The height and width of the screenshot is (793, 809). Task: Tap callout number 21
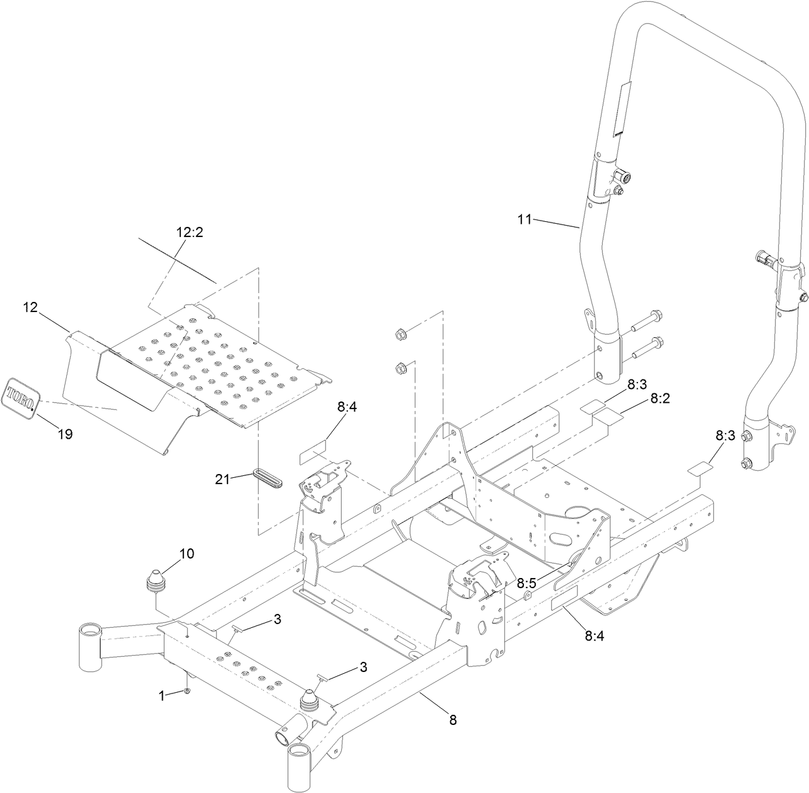coord(222,479)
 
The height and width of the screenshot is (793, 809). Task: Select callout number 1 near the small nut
coord(161,695)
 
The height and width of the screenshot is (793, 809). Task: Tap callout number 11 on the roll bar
coord(525,219)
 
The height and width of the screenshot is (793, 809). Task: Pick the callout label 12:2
coord(189,232)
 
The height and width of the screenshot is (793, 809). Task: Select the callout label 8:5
coord(527,584)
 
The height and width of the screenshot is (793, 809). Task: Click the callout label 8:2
coord(660,398)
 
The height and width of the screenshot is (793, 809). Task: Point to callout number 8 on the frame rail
coord(453,719)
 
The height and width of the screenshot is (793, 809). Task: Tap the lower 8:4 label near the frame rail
coord(594,636)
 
